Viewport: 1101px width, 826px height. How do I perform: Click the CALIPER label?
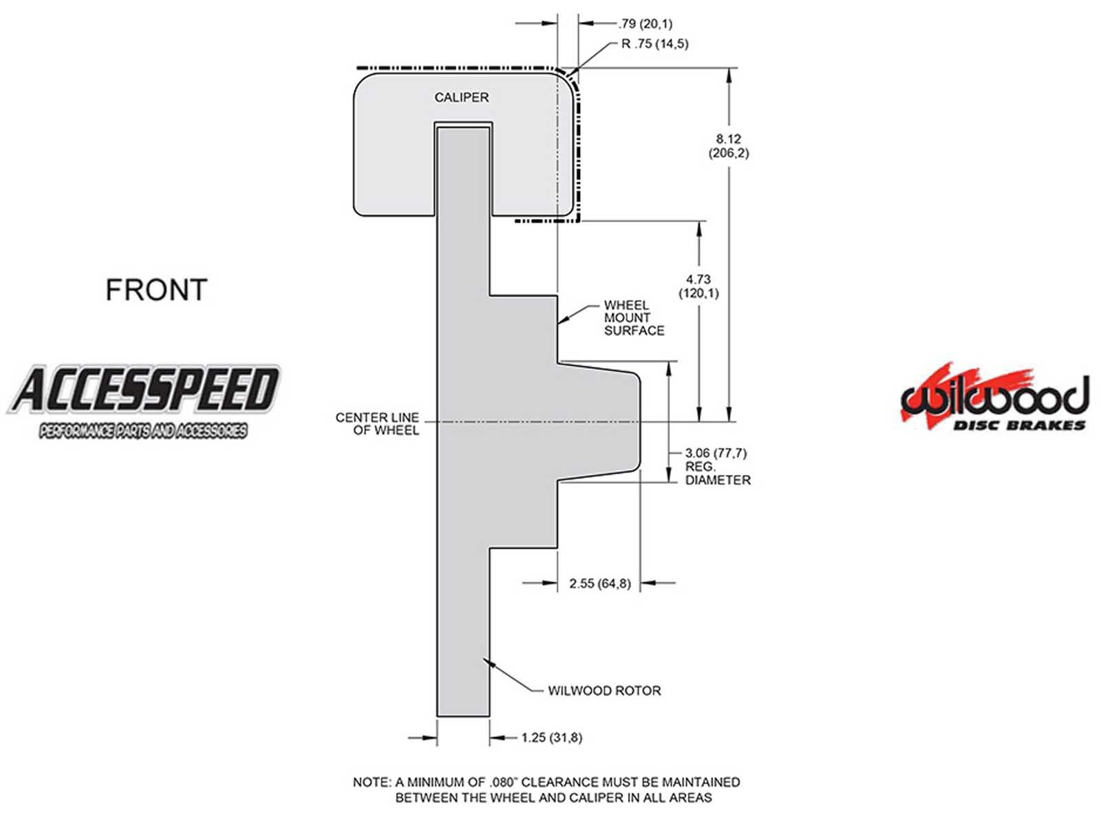[461, 98]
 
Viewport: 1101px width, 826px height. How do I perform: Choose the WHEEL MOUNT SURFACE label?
[633, 317]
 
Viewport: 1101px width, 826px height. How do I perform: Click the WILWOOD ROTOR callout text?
[603, 690]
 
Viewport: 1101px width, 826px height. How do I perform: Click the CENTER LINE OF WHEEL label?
[377, 423]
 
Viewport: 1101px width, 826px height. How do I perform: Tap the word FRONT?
[156, 290]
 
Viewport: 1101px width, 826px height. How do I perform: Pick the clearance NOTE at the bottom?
[546, 790]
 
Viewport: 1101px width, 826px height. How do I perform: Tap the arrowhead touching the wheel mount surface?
[562, 320]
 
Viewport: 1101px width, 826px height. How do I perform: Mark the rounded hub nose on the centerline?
[638, 421]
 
